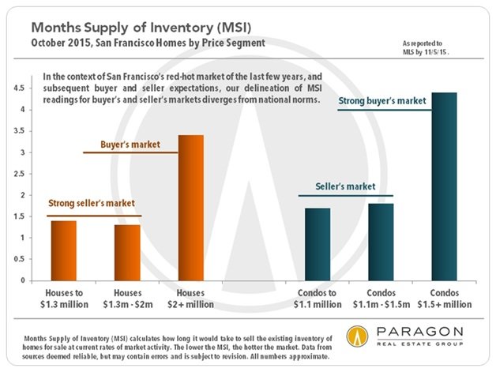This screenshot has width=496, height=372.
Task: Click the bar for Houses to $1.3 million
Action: (64, 250)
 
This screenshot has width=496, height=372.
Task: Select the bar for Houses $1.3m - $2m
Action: (127, 253)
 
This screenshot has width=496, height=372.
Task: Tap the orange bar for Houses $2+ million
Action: (191, 208)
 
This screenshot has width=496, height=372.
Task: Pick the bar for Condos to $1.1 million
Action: (318, 244)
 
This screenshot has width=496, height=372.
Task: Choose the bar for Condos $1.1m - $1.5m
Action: (381, 242)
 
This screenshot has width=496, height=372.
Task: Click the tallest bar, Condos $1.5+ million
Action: (445, 186)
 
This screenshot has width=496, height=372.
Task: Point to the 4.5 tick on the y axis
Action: (19, 88)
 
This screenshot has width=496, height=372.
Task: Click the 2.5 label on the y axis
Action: (19, 174)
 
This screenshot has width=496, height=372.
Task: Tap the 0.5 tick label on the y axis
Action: (19, 259)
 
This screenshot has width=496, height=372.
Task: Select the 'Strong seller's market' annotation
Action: (92, 203)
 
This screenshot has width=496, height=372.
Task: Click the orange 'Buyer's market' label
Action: (130, 145)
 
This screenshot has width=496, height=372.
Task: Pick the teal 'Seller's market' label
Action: (345, 186)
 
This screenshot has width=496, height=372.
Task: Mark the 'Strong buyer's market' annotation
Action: (382, 101)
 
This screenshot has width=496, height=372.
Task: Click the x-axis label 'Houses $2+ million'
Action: (191, 299)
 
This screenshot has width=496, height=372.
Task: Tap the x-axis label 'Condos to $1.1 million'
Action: (318, 299)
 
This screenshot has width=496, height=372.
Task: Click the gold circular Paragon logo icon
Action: (357, 336)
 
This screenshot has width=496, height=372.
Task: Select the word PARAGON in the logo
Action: (420, 333)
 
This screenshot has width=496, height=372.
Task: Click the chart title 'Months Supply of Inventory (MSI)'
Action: (141, 28)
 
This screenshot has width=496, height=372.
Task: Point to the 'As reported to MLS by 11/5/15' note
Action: (426, 47)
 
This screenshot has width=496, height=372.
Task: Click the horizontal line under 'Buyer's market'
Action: (130, 152)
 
